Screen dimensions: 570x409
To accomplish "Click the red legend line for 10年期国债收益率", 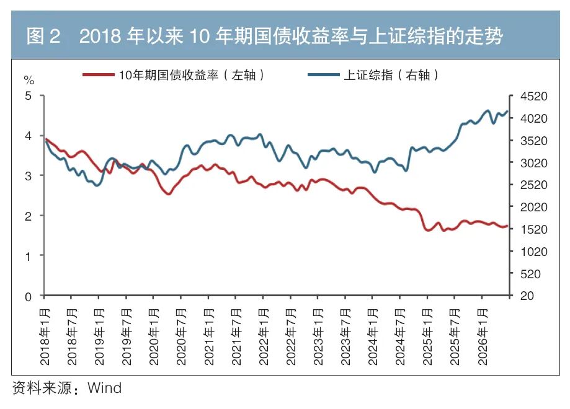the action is click(x=99, y=75).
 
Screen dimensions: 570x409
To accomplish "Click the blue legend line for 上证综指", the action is click(x=324, y=75).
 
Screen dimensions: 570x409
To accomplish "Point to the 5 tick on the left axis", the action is click(x=28, y=96).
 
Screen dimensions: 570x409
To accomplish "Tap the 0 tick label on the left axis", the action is click(x=28, y=297).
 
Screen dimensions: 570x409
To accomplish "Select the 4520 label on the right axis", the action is click(x=533, y=96).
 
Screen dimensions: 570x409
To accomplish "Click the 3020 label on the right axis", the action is click(x=533, y=163).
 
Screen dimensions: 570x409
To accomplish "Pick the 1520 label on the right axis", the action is click(x=533, y=229).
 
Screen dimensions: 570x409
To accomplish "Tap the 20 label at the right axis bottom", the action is click(x=527, y=296).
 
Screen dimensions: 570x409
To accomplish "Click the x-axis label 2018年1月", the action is click(x=45, y=336).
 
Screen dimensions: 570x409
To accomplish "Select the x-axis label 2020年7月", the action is click(x=181, y=336).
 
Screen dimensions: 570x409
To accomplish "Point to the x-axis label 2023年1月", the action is click(x=318, y=336).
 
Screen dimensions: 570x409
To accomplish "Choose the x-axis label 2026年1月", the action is click(x=482, y=336).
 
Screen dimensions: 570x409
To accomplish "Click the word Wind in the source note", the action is click(x=105, y=388).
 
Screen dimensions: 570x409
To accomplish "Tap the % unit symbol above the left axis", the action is click(x=29, y=80).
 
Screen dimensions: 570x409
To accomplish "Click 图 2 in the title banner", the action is click(x=43, y=37).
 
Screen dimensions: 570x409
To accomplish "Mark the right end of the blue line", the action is click(x=507, y=112).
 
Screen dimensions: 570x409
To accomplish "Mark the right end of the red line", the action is click(x=507, y=226).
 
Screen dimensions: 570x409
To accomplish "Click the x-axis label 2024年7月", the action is click(x=400, y=336).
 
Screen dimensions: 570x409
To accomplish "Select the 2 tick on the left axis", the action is click(x=28, y=216).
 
